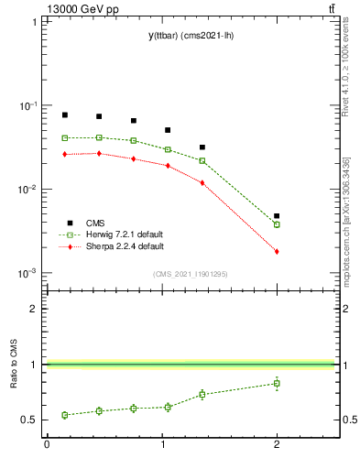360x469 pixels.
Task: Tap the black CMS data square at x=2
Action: tap(277, 216)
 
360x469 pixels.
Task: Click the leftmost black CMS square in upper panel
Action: tap(65, 115)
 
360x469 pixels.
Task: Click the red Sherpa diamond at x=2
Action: tap(277, 251)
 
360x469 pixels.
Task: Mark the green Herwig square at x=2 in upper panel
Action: tap(277, 224)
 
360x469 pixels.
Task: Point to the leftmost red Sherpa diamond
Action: tap(65, 154)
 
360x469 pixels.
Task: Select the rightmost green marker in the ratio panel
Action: tap(277, 383)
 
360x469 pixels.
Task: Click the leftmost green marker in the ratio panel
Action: tap(65, 415)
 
